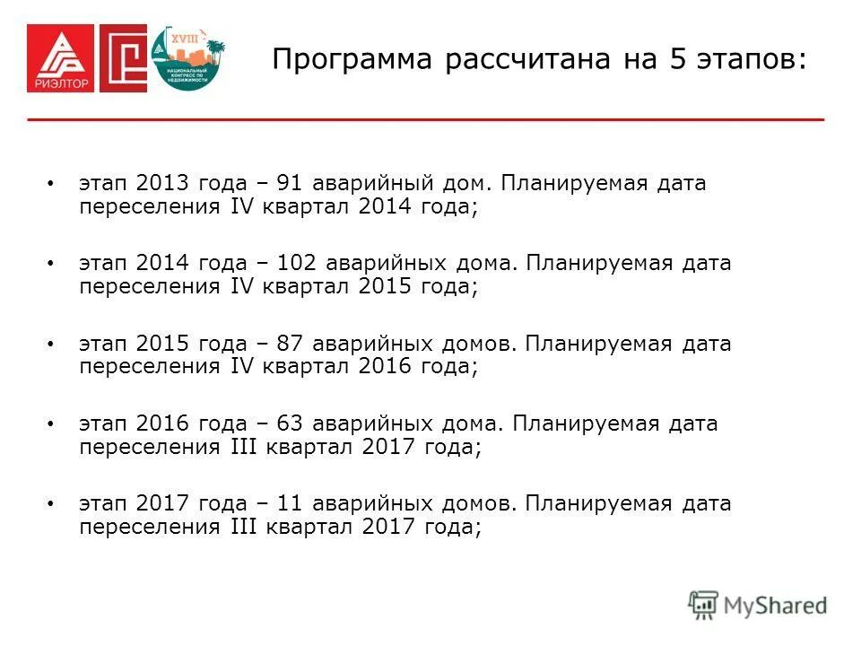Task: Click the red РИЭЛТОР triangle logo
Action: [x=59, y=58]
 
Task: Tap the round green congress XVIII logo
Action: [x=187, y=58]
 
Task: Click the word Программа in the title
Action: [x=342, y=61]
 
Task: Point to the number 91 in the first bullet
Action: [x=288, y=184]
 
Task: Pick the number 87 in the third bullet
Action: [x=289, y=344]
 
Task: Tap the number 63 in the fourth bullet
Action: [x=289, y=423]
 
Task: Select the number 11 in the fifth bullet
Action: [x=289, y=503]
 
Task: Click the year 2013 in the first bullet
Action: [x=161, y=184]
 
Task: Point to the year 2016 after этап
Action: [x=161, y=423]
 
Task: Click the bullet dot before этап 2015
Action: [x=50, y=344]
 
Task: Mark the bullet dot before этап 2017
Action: [x=50, y=503]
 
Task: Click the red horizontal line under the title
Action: [x=425, y=119]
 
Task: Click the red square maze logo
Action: [x=123, y=58]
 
